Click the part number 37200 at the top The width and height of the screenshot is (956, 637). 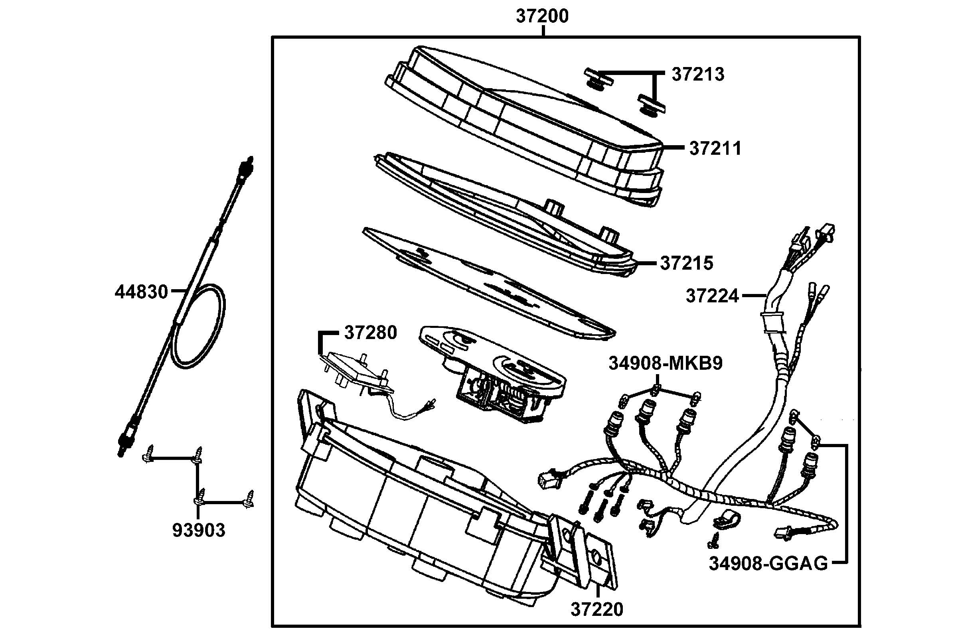coord(542,17)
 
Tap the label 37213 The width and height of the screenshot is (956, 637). coord(697,75)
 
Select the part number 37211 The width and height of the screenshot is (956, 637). coord(715,149)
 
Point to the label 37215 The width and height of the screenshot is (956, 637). coord(686,263)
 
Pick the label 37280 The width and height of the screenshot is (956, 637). coord(370,333)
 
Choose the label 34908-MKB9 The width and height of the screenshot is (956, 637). coord(666,364)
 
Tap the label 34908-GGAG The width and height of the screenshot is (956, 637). coord(768,564)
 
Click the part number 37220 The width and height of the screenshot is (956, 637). coord(597,621)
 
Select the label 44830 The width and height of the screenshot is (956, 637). coord(141,292)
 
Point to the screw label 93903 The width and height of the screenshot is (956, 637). coord(199,530)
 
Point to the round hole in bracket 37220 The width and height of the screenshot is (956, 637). coord(597,556)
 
